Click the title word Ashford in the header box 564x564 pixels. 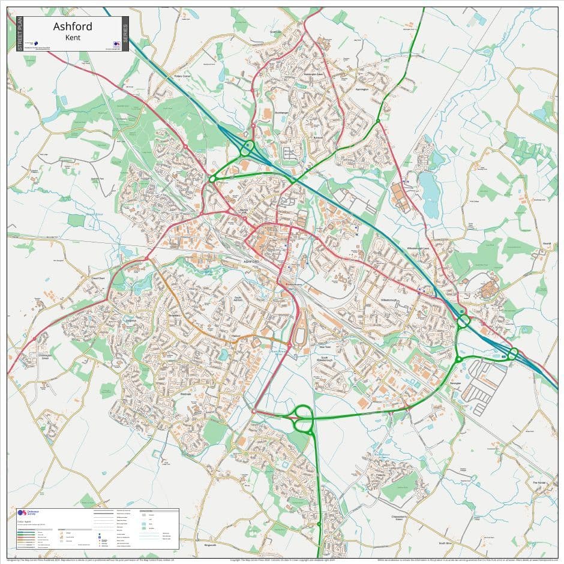[x=72, y=26]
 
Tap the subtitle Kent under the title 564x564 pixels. [x=72, y=38]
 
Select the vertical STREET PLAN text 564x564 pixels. [x=20, y=34]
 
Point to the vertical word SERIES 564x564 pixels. [x=125, y=34]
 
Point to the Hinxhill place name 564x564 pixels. [x=546, y=243]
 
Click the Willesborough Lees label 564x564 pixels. [x=417, y=248]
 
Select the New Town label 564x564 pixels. [x=325, y=347]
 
